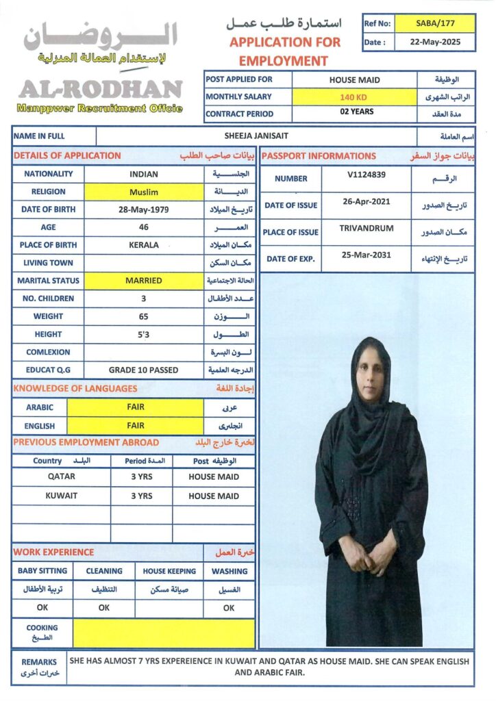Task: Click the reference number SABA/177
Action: [435, 23]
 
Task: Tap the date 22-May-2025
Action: [435, 42]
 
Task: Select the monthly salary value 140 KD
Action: [354, 97]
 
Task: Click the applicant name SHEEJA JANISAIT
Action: [256, 136]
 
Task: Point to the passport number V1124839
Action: [367, 175]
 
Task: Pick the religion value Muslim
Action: [144, 192]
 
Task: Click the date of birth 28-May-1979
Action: [144, 209]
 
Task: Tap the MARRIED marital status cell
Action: [144, 281]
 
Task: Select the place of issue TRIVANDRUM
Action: [367, 228]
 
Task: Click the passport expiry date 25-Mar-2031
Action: [367, 255]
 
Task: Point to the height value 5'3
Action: [144, 334]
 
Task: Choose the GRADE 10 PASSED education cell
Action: [144, 370]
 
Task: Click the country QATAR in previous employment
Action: [62, 477]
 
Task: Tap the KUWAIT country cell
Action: [62, 496]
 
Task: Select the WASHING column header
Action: [230, 571]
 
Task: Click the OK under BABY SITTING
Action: [42, 608]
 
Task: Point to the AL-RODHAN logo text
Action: [101, 89]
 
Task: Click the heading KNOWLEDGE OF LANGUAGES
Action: [75, 389]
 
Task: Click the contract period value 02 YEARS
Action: [354, 112]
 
